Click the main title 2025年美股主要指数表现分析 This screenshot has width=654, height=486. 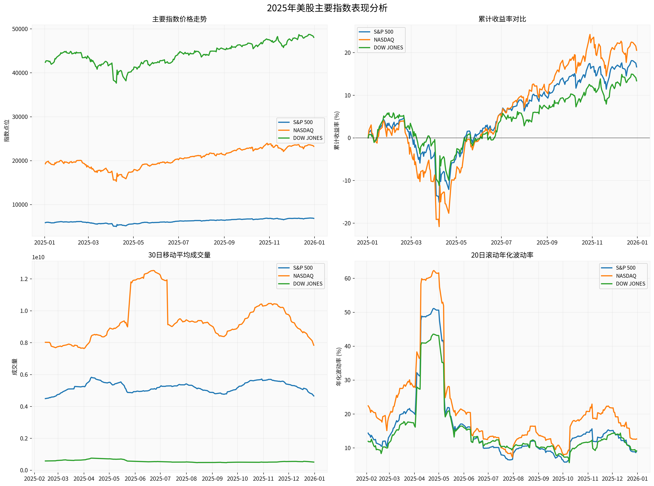(327, 8)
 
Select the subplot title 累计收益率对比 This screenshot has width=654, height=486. (502, 19)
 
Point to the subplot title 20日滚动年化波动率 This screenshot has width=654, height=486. (502, 255)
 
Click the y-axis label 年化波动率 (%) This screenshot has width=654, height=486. (339, 367)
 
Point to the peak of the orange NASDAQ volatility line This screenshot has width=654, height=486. (433, 271)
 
